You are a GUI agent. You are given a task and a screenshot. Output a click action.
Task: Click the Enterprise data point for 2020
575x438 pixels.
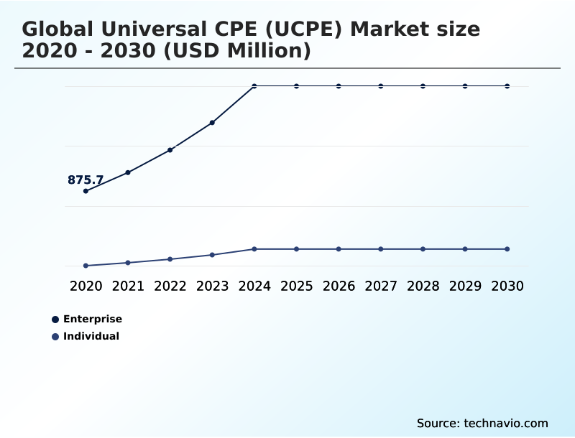pos(86,191)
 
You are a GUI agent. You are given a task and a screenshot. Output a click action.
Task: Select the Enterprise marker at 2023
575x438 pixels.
pos(212,123)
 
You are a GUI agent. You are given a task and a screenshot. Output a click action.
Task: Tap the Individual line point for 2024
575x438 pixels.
pos(254,249)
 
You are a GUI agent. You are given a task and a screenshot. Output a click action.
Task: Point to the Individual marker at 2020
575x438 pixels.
pos(86,266)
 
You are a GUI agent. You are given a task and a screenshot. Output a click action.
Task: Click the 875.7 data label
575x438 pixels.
pos(86,180)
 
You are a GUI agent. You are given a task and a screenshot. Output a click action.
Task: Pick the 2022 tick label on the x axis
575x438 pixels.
pos(170,286)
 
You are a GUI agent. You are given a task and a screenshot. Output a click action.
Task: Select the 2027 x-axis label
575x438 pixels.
pos(381,286)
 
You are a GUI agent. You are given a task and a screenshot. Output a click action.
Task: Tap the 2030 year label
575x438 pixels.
pos(507,286)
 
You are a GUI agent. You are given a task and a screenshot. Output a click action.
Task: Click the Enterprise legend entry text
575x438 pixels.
pos(93,319)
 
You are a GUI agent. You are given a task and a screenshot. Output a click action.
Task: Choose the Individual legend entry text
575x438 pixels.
pos(91,336)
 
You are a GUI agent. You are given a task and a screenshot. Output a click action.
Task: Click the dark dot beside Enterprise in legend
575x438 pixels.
pos(55,320)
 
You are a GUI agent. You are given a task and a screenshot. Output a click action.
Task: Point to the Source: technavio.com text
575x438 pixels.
pos(482,423)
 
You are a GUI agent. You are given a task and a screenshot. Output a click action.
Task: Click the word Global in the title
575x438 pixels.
pos(60,29)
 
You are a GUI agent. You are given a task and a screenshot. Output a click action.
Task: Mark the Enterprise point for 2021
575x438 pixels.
pos(128,172)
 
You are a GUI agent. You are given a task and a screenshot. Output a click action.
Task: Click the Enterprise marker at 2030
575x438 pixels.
pos(507,86)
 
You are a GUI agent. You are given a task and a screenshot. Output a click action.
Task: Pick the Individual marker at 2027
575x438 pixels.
pos(381,249)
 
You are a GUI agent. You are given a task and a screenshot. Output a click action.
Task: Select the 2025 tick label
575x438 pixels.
pos(297,286)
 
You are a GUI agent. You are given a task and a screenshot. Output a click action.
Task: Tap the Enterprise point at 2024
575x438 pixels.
pos(254,86)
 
